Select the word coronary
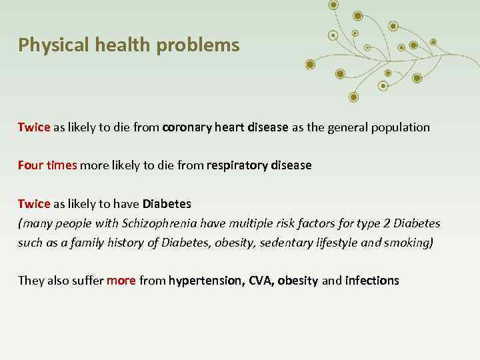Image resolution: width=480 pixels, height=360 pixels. coord(188,127)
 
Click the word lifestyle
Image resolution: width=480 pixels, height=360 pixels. coord(337,242)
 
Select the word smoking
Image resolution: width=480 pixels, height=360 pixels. coord(407,242)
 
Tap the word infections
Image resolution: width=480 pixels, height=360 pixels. coord(372,281)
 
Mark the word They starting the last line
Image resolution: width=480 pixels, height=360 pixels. coord(31,281)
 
